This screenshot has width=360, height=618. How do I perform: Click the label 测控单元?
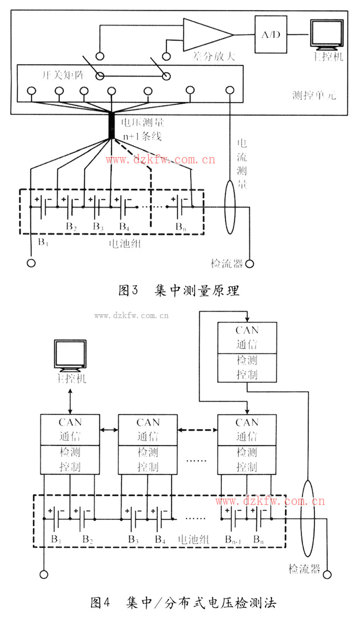(x=313, y=95)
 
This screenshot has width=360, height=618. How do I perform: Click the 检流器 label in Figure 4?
(x=303, y=569)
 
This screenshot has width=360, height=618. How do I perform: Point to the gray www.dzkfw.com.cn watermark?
(x=131, y=314)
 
